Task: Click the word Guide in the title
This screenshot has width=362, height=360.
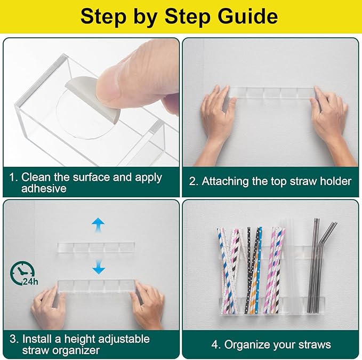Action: click(x=248, y=17)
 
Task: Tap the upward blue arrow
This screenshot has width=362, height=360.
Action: click(x=98, y=225)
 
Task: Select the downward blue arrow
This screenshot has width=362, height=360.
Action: click(x=99, y=267)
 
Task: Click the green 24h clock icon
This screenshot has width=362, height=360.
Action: click(x=23, y=274)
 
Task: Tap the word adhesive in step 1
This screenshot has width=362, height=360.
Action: click(x=44, y=188)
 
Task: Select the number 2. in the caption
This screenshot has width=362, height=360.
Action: click(x=194, y=181)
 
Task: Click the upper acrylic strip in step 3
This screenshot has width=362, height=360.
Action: click(x=96, y=247)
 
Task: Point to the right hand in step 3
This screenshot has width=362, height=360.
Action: click(x=148, y=305)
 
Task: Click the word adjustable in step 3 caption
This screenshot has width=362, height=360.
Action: click(x=124, y=340)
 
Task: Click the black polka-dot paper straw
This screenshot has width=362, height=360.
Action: click(x=248, y=270)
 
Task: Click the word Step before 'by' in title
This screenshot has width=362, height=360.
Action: click(x=103, y=17)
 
